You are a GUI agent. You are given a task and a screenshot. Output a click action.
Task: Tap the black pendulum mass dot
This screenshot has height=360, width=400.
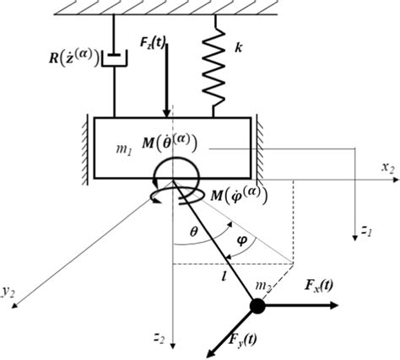pyautogui.click(x=257, y=308)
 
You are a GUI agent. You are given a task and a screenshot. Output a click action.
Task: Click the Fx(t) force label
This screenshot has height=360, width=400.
pyautogui.click(x=326, y=287)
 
